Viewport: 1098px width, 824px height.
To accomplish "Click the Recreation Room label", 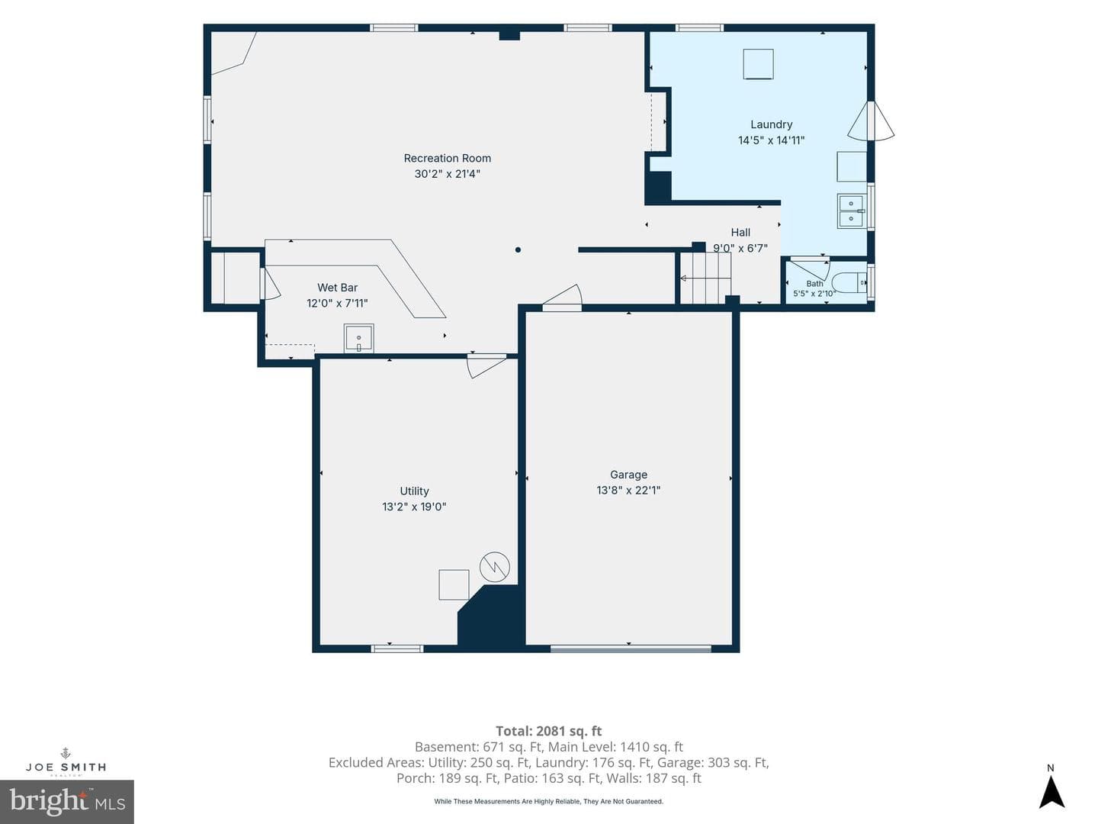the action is point(447,158).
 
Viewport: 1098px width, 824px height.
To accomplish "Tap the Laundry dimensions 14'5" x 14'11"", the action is point(772,140).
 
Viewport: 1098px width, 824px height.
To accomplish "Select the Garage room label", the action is point(628,475).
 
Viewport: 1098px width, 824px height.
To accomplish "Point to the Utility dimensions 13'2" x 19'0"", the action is point(414,507).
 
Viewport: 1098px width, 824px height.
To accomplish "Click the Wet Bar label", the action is point(337,288).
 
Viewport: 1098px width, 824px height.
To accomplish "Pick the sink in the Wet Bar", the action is point(358,339).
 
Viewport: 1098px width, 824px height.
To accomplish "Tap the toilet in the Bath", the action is point(849,282).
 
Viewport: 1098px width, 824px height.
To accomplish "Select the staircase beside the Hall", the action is point(705,278).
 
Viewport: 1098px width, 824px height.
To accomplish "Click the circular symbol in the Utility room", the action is point(495,567).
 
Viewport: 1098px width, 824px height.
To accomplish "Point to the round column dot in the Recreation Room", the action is point(518,249).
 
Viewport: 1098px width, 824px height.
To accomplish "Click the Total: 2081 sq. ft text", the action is point(548,731).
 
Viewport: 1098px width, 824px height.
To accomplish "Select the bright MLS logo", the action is point(67,801).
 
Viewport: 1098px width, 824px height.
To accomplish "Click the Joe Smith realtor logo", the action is point(66,762).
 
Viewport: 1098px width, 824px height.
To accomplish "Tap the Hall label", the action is point(740,232).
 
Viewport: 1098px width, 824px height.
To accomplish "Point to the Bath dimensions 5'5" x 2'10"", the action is point(814,294).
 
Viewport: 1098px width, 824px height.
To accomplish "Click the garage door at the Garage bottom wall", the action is point(631,649).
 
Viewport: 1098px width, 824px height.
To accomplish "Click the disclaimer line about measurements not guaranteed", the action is point(549,801).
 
